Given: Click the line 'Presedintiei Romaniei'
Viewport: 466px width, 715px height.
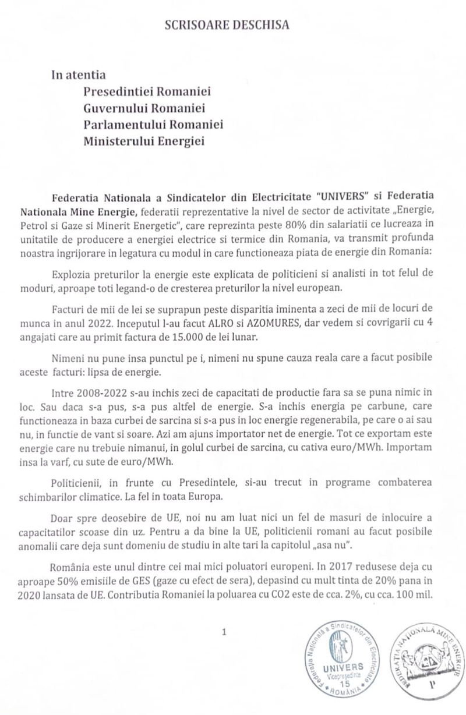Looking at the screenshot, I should (147, 92).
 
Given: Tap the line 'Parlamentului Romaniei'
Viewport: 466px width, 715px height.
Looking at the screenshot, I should (153, 125).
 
